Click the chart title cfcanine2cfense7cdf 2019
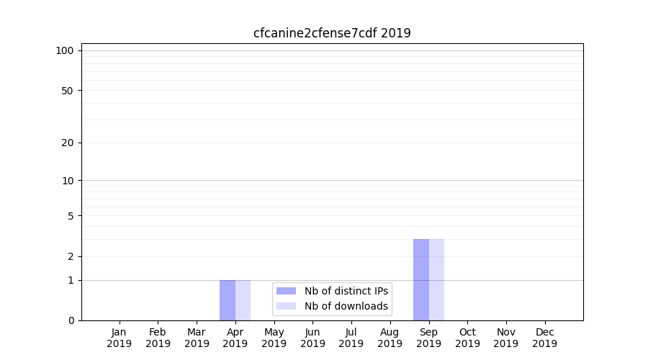click(332, 33)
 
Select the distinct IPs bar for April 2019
click(228, 300)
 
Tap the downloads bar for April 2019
click(243, 300)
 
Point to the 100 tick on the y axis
click(65, 50)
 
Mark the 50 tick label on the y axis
click(68, 91)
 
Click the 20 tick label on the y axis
click(68, 143)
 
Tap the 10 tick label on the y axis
click(68, 181)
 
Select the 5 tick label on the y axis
click(71, 216)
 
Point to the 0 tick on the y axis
click(71, 320)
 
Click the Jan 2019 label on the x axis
click(120, 338)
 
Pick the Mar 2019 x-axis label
click(197, 338)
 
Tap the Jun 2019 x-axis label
click(312, 338)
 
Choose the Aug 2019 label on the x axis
click(390, 338)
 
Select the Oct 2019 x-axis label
click(467, 338)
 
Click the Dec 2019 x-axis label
click(544, 338)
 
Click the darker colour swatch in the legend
click(286, 291)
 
